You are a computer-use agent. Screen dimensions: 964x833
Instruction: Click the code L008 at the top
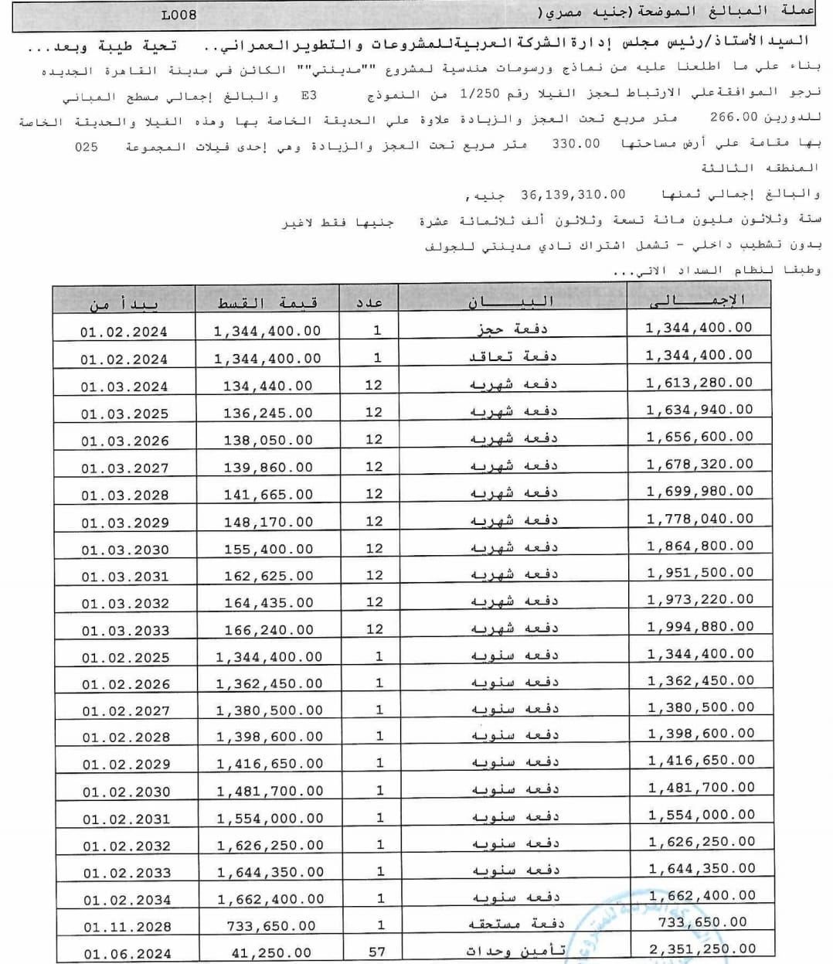click(179, 15)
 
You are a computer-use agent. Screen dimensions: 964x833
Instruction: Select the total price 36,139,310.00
click(573, 195)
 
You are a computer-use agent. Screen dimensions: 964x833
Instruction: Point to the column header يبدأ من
click(124, 304)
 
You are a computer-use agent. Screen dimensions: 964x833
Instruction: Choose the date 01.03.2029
click(125, 523)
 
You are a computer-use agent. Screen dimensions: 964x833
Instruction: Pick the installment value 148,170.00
click(268, 522)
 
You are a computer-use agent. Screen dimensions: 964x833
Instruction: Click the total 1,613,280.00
click(699, 383)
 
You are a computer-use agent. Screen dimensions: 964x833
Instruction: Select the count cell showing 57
click(376, 952)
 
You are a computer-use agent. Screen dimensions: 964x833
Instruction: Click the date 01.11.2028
click(127, 926)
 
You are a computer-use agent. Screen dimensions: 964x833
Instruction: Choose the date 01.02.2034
click(127, 900)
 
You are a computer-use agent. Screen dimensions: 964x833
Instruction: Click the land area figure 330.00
click(576, 144)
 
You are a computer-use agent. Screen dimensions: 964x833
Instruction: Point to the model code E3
click(308, 96)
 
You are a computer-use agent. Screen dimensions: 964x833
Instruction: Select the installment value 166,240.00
click(269, 630)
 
